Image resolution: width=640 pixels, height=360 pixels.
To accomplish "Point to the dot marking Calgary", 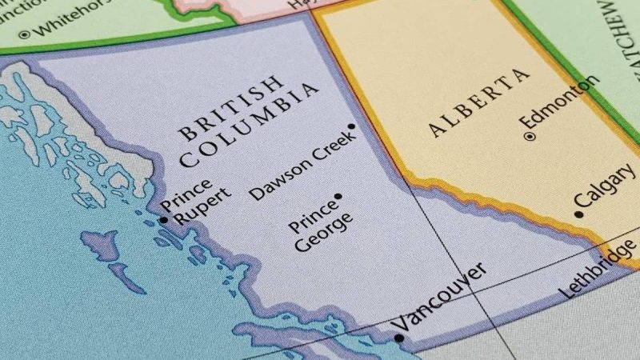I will click(578, 214).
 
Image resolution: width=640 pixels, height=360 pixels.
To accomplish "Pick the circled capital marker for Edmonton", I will click(530, 137).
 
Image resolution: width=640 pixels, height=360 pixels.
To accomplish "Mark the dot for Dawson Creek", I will click(351, 126).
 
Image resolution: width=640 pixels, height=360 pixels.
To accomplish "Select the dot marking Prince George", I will click(338, 196).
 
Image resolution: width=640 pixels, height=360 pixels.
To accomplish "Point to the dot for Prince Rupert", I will click(163, 219).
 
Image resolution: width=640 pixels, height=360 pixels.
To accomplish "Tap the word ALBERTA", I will click(478, 103).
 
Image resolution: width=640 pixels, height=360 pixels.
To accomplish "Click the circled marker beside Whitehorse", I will click(23, 33).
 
